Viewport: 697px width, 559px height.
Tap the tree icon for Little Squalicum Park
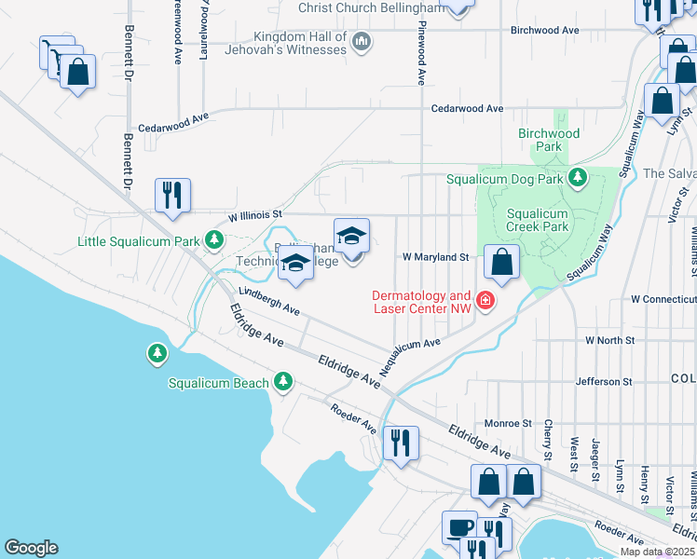point(214,241)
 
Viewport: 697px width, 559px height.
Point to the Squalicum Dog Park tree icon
point(578,176)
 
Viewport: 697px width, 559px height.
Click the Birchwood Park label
point(549,140)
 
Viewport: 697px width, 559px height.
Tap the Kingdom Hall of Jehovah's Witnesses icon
point(362,42)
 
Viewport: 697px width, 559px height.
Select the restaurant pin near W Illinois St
point(172,196)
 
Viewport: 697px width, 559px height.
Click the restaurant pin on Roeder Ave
point(401,443)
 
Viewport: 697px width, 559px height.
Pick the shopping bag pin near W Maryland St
point(502,264)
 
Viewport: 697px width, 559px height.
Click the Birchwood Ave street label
point(545,31)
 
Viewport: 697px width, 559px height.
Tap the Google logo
point(31,548)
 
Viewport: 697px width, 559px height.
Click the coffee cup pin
point(458,527)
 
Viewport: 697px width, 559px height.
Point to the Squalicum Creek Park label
point(537,220)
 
